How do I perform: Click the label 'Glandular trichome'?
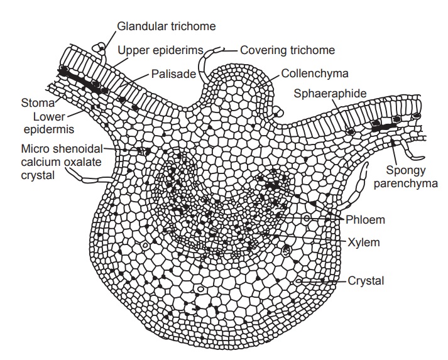point(167,26)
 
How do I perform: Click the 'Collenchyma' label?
point(314,74)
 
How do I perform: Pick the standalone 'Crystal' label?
point(366,280)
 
